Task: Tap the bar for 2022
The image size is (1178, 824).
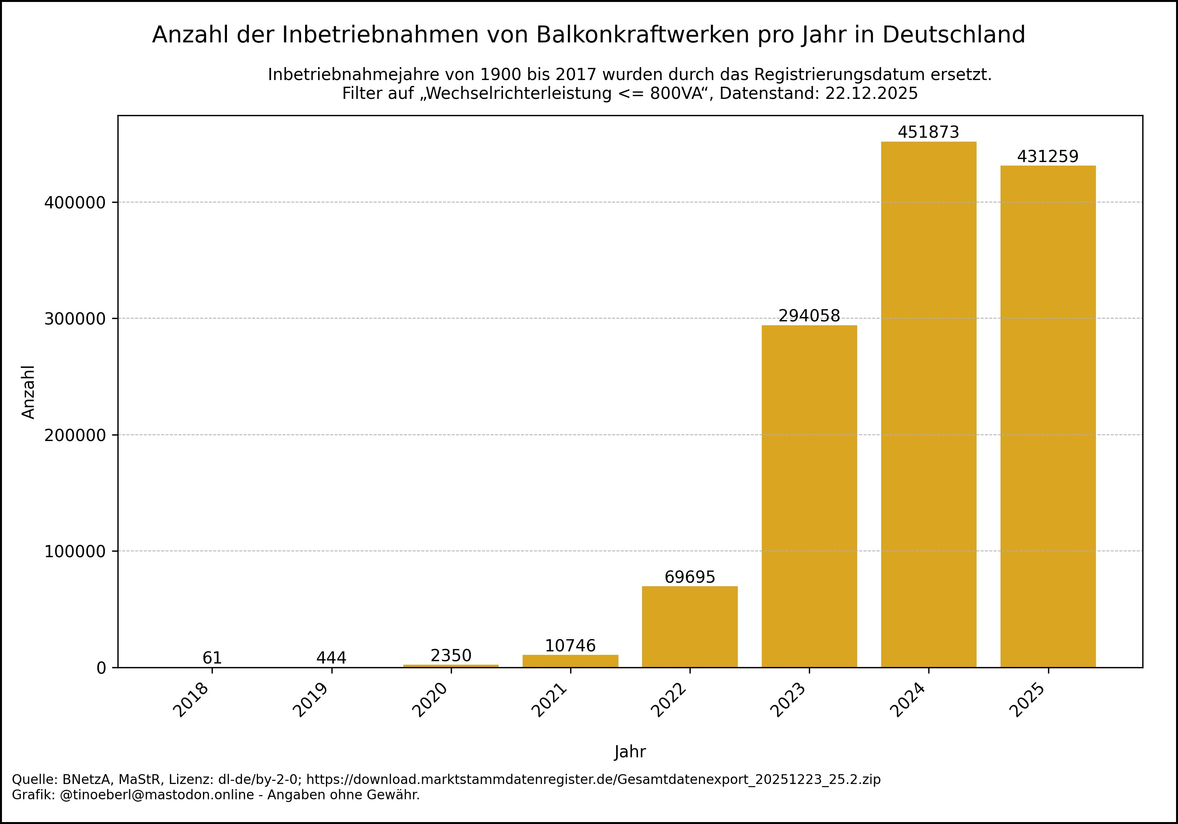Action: click(690, 626)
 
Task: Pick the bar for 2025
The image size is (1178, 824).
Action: click(1048, 416)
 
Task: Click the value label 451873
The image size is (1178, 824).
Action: click(928, 132)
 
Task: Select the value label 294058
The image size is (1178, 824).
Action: click(809, 316)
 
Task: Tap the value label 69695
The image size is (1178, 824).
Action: click(690, 577)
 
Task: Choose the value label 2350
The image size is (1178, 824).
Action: click(450, 655)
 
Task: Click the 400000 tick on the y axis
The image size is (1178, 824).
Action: click(75, 202)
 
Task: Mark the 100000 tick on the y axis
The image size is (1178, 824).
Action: click(75, 552)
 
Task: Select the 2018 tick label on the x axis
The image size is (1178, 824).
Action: click(191, 700)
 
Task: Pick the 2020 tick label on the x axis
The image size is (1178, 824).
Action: click(430, 700)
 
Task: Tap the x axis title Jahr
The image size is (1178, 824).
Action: click(629, 752)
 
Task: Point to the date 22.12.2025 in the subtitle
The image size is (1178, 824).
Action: click(871, 93)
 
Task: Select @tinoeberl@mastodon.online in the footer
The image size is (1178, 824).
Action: click(157, 795)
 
